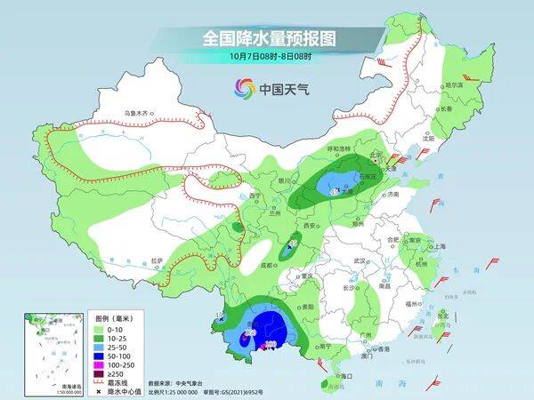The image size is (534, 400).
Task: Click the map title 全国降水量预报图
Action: (266, 37)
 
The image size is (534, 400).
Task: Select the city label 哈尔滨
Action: (455, 84)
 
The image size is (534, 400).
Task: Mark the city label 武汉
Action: (360, 260)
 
